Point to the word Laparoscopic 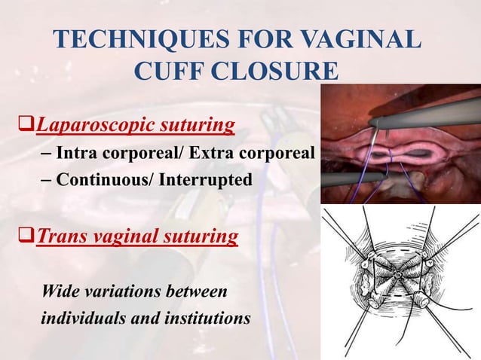88,124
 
